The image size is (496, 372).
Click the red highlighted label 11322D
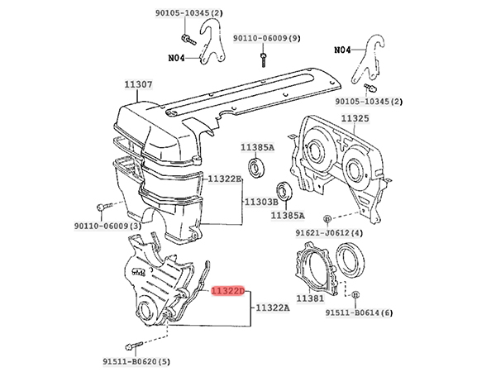(x=228, y=291)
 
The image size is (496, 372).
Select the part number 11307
(x=138, y=84)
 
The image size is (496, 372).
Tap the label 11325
(x=355, y=118)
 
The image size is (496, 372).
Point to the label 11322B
(x=224, y=179)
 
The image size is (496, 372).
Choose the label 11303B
(x=261, y=202)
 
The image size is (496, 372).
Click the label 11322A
(x=272, y=308)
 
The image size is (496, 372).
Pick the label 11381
(x=310, y=298)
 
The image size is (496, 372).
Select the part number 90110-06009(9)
(x=267, y=38)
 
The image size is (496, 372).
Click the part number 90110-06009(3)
(x=107, y=226)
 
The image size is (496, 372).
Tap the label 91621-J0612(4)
(x=329, y=233)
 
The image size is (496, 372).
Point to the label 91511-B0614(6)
(x=360, y=312)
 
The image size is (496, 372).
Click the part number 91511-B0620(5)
(x=136, y=361)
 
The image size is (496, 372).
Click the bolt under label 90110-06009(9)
(x=264, y=60)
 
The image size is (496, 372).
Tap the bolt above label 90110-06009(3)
(x=104, y=207)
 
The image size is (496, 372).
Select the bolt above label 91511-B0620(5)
(x=134, y=345)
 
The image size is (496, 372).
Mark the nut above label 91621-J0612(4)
(x=327, y=218)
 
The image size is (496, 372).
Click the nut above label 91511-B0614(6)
(x=355, y=294)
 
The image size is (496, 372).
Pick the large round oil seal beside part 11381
(x=350, y=260)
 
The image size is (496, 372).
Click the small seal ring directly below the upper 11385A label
(x=255, y=167)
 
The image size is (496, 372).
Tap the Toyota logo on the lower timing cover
(x=138, y=271)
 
